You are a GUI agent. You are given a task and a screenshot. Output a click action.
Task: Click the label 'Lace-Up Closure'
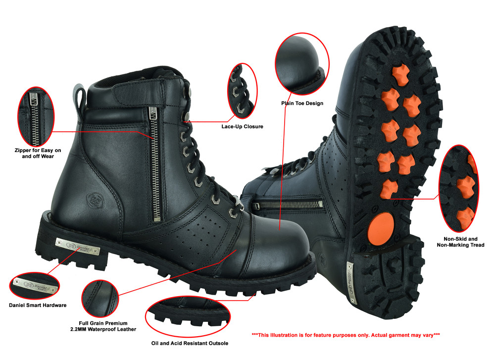coord(243,126)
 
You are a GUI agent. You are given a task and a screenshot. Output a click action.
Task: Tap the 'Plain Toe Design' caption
coord(301,103)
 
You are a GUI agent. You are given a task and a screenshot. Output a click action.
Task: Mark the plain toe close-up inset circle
coord(302,64)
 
